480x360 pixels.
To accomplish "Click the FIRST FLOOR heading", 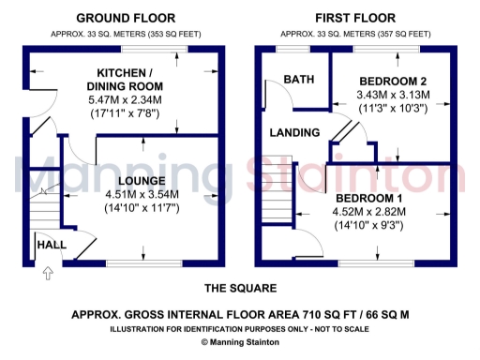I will click(354, 18).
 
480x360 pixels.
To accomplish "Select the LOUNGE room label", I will click(142, 180).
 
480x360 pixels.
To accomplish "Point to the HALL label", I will click(51, 245).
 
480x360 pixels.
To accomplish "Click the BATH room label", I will click(299, 80).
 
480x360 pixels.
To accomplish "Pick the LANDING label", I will click(294, 133).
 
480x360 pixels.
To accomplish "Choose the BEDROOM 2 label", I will click(393, 80).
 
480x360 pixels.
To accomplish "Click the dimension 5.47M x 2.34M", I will click(127, 99).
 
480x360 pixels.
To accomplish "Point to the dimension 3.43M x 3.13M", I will click(393, 95).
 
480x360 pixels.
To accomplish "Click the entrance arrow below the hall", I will click(48, 274).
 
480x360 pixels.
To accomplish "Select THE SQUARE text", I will click(240, 288).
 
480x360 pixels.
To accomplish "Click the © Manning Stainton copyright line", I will click(240, 343).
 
